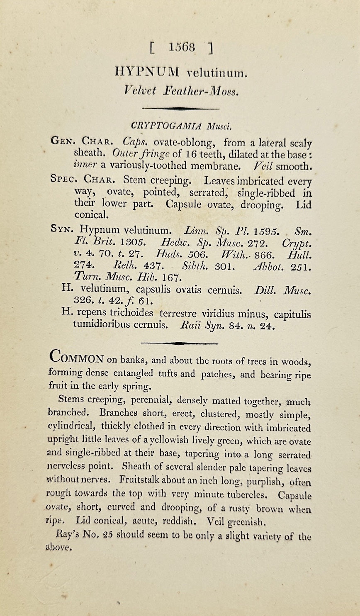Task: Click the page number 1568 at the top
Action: coord(182,47)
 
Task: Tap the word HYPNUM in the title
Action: coord(147,73)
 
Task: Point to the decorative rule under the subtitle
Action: coord(180,108)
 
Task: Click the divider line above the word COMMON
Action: coord(180,343)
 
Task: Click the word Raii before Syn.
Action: coord(191,325)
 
